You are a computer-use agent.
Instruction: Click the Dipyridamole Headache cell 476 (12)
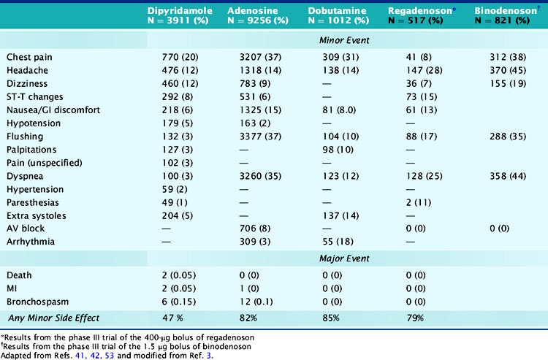click(x=181, y=70)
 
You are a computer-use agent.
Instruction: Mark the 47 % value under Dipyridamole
click(x=172, y=317)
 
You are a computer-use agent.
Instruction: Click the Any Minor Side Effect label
click(x=53, y=317)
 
